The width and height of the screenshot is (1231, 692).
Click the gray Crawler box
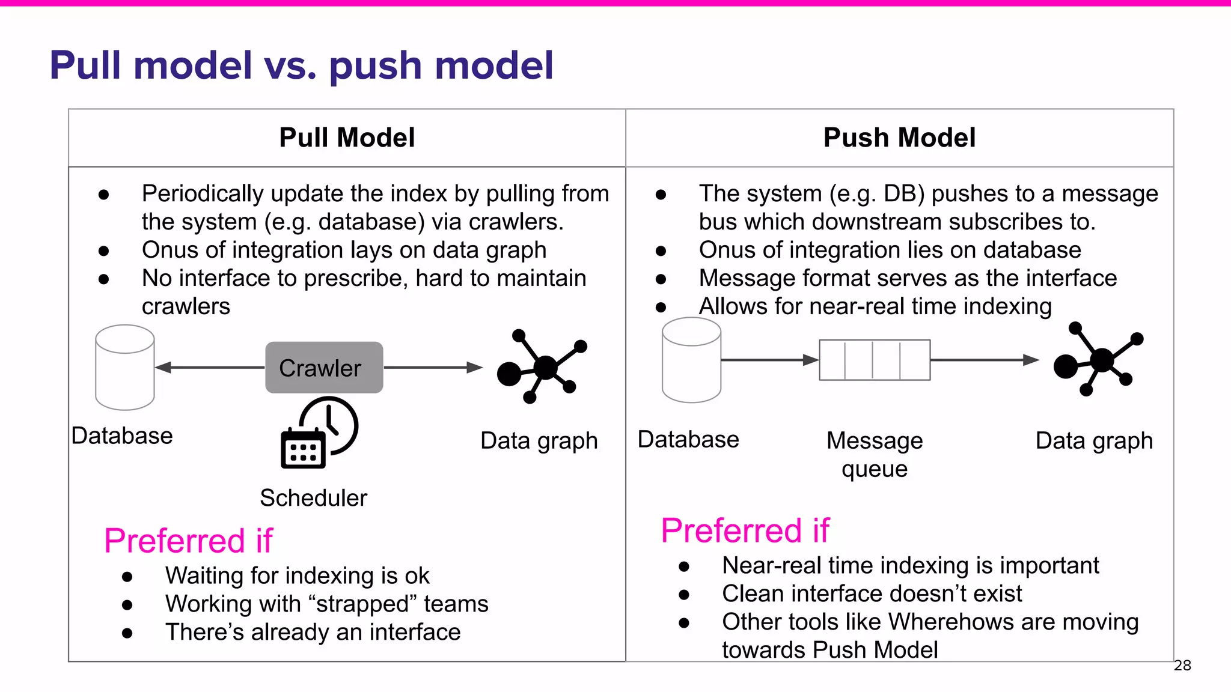[324, 368]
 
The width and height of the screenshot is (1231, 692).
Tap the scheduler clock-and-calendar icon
[319, 433]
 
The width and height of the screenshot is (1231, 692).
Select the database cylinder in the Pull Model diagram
[125, 368]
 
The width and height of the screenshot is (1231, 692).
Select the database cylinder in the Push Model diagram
[691, 360]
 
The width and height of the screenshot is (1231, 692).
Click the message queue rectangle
[875, 360]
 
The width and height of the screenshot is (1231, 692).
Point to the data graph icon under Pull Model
[542, 366]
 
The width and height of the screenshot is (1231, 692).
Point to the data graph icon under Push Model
[1098, 359]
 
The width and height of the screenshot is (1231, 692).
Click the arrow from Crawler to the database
[210, 367]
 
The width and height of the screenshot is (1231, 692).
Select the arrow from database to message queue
[769, 360]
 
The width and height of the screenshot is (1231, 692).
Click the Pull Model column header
[347, 138]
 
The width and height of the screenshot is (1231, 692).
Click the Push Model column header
[899, 138]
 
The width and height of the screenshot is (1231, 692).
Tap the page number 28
[1182, 666]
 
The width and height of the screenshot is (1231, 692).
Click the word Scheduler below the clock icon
[313, 498]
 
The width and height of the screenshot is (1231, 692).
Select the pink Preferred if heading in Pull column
[188, 540]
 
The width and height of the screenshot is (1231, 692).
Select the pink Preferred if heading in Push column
[745, 530]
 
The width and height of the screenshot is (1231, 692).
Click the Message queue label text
[875, 454]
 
